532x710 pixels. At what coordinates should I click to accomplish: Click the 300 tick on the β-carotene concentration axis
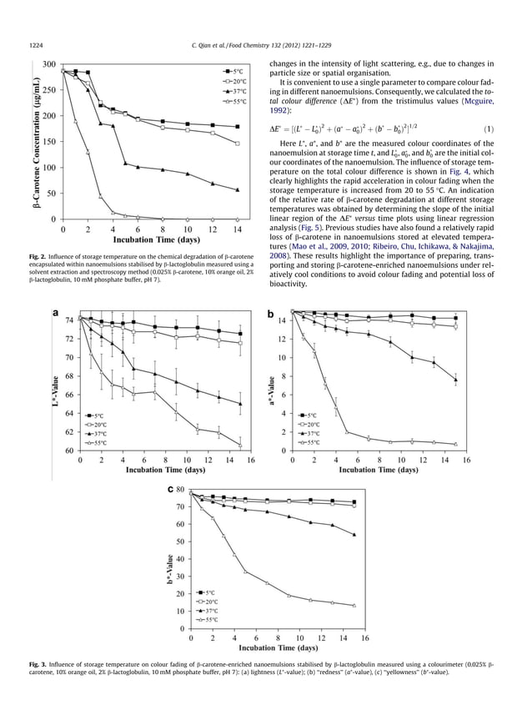49,64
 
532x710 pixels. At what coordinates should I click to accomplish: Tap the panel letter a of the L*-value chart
55,314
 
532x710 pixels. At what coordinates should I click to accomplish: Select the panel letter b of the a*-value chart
270,314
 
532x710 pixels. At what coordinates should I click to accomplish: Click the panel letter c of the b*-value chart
171,489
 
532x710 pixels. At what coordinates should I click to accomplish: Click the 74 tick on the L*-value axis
70,320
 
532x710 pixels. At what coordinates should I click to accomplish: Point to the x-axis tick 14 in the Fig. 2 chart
237,229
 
